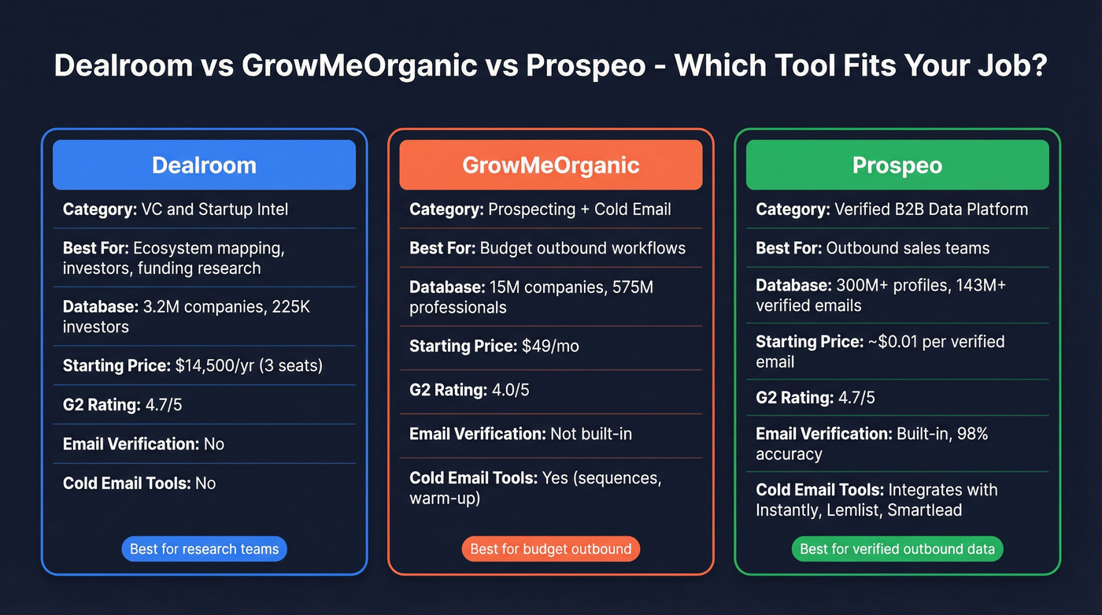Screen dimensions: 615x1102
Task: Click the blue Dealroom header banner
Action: coord(204,165)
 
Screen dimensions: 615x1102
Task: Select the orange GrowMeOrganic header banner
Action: coord(550,165)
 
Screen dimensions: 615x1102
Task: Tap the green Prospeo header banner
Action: coord(897,165)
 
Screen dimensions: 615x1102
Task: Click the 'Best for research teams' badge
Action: coord(204,549)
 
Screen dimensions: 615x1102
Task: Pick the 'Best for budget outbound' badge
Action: coord(550,549)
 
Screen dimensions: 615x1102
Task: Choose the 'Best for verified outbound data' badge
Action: coord(897,549)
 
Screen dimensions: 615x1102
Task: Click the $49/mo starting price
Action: coord(550,346)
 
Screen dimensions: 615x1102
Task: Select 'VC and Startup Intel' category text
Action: coord(214,209)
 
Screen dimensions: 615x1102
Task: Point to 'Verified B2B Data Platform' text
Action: coord(931,209)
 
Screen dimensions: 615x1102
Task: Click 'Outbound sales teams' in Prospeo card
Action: coord(908,248)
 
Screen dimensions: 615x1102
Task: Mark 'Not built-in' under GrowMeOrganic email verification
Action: coord(590,434)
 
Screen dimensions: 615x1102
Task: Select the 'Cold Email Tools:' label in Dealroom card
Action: coord(127,483)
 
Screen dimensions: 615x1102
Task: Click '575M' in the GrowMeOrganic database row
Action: coord(633,287)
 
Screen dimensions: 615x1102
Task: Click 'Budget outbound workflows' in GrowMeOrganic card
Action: coord(582,248)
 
